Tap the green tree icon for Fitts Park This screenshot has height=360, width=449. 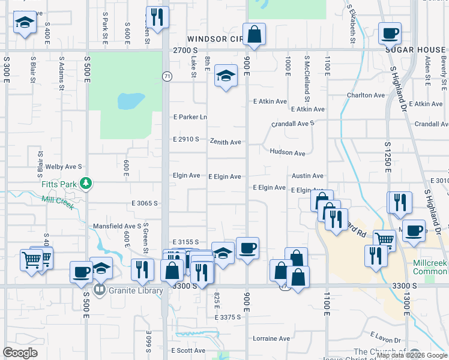[86, 182]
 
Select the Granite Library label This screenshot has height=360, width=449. [135, 291]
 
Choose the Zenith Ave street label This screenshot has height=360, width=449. [225, 142]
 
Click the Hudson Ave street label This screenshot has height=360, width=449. [288, 153]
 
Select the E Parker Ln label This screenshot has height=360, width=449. [189, 117]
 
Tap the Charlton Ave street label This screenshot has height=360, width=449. [366, 95]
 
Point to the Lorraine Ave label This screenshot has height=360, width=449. [271, 338]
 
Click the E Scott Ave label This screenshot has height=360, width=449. [188, 350]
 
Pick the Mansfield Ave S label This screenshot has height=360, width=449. [116, 226]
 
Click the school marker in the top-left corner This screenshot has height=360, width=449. [24, 23]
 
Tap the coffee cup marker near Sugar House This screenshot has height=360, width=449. [389, 33]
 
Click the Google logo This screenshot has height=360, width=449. [20, 353]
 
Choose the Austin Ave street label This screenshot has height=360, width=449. [307, 176]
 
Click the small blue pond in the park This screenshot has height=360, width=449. [130, 100]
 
